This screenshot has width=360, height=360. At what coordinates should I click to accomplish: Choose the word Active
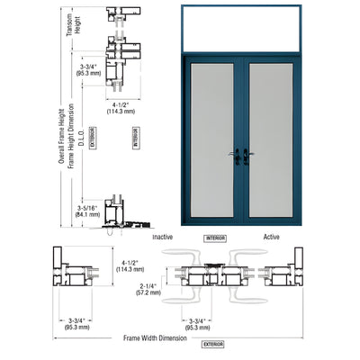pyautogui.click(x=271, y=238)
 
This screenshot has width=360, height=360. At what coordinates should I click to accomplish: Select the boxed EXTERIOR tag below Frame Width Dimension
pyautogui.click(x=213, y=345)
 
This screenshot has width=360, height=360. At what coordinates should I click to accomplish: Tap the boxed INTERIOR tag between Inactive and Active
pyautogui.click(x=217, y=238)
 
